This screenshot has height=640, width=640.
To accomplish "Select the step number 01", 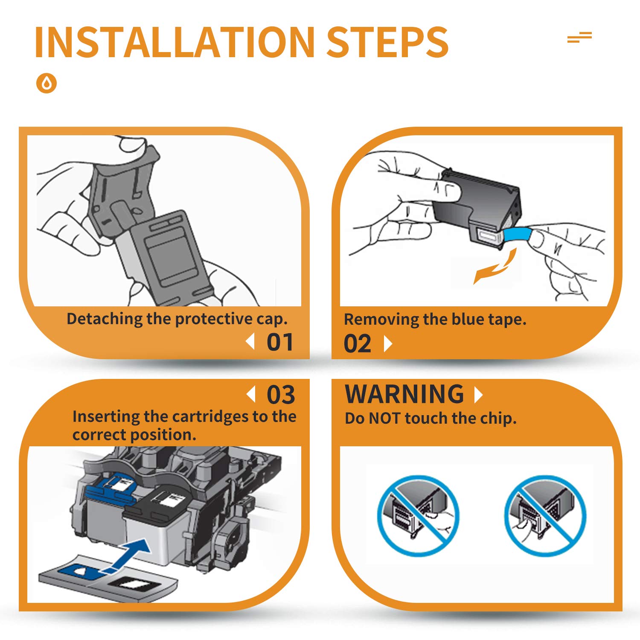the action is [x=280, y=342].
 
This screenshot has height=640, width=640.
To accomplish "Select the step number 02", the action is [x=358, y=344].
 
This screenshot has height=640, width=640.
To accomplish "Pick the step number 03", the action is [x=281, y=395].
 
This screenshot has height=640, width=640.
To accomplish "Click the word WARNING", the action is [x=404, y=394].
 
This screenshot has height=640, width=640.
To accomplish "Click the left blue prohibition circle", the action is [x=418, y=516].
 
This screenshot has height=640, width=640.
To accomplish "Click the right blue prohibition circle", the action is [x=545, y=516].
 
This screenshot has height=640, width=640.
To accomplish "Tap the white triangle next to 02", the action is [x=388, y=343].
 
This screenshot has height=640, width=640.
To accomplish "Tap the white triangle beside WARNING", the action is [x=479, y=395].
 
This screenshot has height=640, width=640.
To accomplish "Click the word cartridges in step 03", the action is [x=201, y=416].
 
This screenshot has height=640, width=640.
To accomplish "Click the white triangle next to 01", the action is [x=250, y=342].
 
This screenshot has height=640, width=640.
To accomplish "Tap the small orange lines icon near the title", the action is [x=579, y=38].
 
